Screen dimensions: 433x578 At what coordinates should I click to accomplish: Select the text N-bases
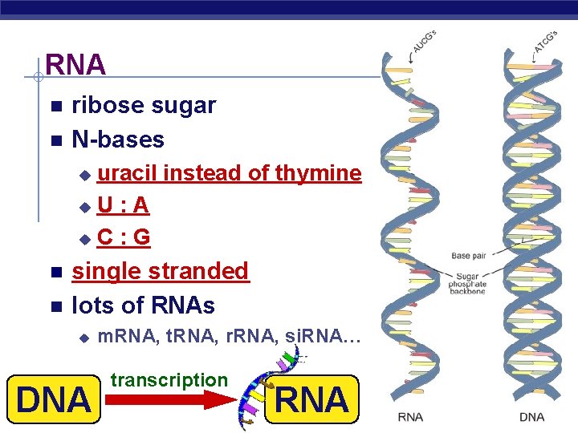[x=118, y=140]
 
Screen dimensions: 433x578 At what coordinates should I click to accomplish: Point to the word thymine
[x=318, y=173]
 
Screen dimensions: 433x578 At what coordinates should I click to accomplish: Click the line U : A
[x=123, y=206]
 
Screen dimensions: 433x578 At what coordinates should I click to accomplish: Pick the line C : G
[x=124, y=238]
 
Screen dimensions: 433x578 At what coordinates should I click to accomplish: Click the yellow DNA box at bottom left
[x=54, y=399]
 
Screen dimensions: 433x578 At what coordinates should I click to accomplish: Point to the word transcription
[x=169, y=380]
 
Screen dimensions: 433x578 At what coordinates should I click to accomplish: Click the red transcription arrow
[x=173, y=401]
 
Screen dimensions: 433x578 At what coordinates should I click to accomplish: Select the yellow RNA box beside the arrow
[x=312, y=399]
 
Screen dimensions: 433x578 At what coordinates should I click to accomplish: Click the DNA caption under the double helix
[x=531, y=416]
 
